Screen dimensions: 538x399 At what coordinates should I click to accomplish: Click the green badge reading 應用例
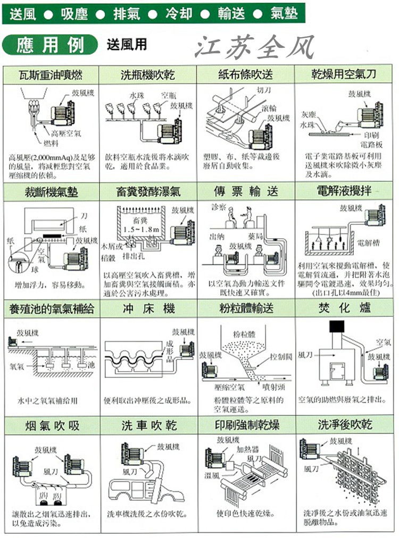pyautogui.click(x=50, y=45)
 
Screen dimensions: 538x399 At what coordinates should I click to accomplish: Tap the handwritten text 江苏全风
pyautogui.click(x=254, y=47)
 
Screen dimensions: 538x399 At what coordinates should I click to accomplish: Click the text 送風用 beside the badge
pyautogui.click(x=127, y=45)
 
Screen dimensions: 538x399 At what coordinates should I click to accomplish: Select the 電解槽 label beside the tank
pyautogui.click(x=367, y=243)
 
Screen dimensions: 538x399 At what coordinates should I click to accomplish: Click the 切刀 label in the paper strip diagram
pyautogui.click(x=263, y=90)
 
